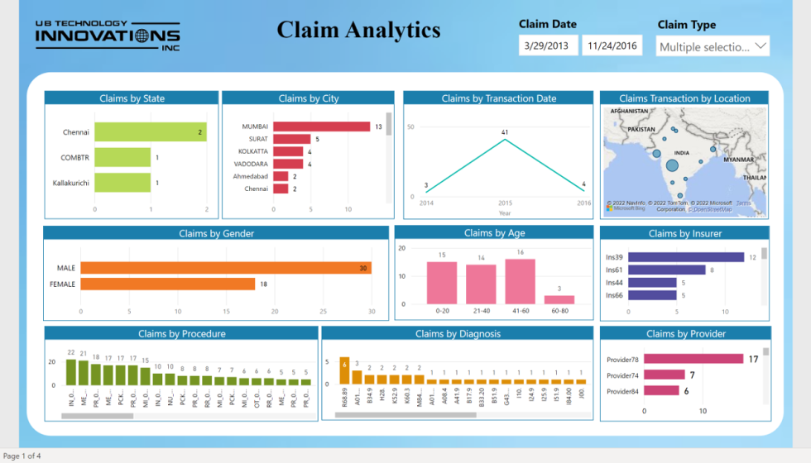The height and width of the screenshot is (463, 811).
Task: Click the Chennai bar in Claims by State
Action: [x=150, y=132]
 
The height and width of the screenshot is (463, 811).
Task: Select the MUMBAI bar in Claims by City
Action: [x=321, y=126]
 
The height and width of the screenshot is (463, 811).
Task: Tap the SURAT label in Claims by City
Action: [x=257, y=139]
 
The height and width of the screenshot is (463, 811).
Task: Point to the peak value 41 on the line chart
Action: [x=504, y=132]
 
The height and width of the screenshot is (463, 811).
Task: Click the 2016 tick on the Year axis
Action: [x=584, y=203]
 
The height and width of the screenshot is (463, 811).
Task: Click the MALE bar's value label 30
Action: [x=362, y=268]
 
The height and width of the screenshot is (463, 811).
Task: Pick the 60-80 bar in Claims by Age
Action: [x=559, y=300]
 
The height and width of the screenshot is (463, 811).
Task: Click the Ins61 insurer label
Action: [x=614, y=270]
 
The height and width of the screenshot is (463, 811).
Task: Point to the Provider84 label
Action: [x=622, y=391]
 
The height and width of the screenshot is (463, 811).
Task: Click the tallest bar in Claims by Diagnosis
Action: [x=344, y=375]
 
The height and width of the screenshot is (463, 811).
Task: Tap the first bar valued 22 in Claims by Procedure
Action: [x=71, y=372]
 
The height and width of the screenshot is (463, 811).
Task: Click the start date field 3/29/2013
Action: [x=547, y=46]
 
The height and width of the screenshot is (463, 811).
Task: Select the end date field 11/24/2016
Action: [x=612, y=46]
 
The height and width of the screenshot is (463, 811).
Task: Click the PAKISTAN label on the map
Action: [x=641, y=129]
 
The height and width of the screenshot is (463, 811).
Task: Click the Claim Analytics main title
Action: [x=358, y=31]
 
